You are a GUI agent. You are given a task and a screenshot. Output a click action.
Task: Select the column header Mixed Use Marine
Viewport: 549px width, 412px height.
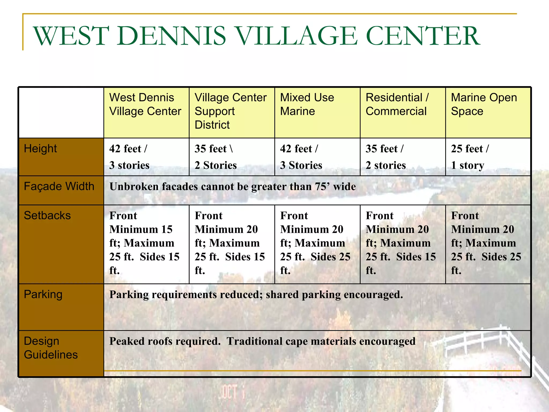click(307, 104)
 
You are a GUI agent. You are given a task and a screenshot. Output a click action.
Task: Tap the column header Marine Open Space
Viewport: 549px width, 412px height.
click(484, 104)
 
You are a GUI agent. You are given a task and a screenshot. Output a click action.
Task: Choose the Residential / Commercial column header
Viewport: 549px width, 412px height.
click(397, 104)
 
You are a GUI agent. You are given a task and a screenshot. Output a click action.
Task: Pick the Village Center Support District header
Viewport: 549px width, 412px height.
click(230, 111)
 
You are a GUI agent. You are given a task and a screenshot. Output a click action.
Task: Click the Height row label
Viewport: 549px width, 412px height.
click(40, 149)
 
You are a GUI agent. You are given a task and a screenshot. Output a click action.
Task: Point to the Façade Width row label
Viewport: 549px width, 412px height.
click(59, 186)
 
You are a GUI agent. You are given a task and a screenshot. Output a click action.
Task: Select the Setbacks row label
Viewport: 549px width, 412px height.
click(47, 216)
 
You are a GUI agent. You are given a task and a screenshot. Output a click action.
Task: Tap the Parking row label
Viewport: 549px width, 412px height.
click(43, 295)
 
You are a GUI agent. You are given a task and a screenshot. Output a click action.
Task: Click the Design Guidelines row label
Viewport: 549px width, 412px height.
click(50, 348)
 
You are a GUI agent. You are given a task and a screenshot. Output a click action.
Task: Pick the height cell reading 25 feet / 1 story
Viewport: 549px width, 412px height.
click(470, 157)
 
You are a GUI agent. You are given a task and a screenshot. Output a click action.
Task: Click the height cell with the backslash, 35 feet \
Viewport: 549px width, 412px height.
click(216, 157)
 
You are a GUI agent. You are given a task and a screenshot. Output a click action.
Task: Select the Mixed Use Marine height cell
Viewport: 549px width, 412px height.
click(301, 157)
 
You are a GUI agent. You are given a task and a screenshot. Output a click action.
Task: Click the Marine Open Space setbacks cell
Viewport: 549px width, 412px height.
click(486, 243)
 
